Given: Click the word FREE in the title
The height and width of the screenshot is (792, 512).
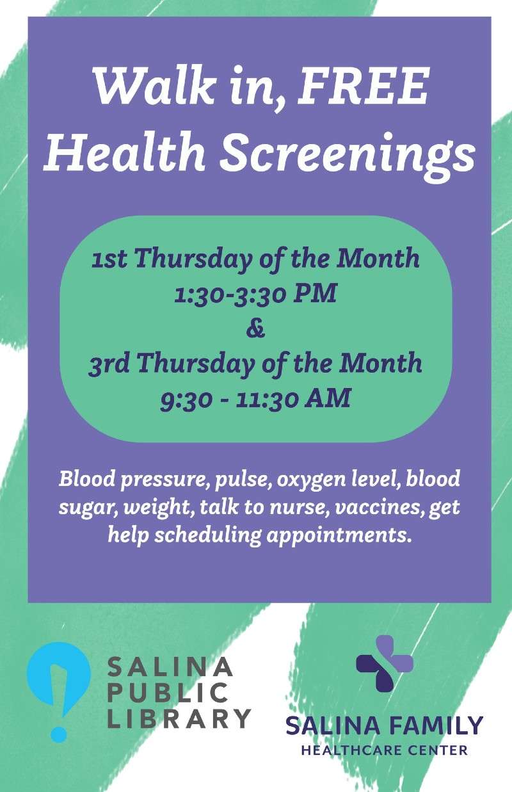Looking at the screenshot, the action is tap(364, 86).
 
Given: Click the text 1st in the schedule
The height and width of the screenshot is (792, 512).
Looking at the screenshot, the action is tap(109, 259).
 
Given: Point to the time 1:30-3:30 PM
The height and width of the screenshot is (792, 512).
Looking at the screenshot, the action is tap(255, 293).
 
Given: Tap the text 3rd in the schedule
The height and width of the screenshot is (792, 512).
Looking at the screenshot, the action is tap(109, 364).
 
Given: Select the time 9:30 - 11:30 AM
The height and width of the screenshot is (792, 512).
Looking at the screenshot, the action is tap(255, 399).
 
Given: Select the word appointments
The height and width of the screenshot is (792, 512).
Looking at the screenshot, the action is tap(339, 536).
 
